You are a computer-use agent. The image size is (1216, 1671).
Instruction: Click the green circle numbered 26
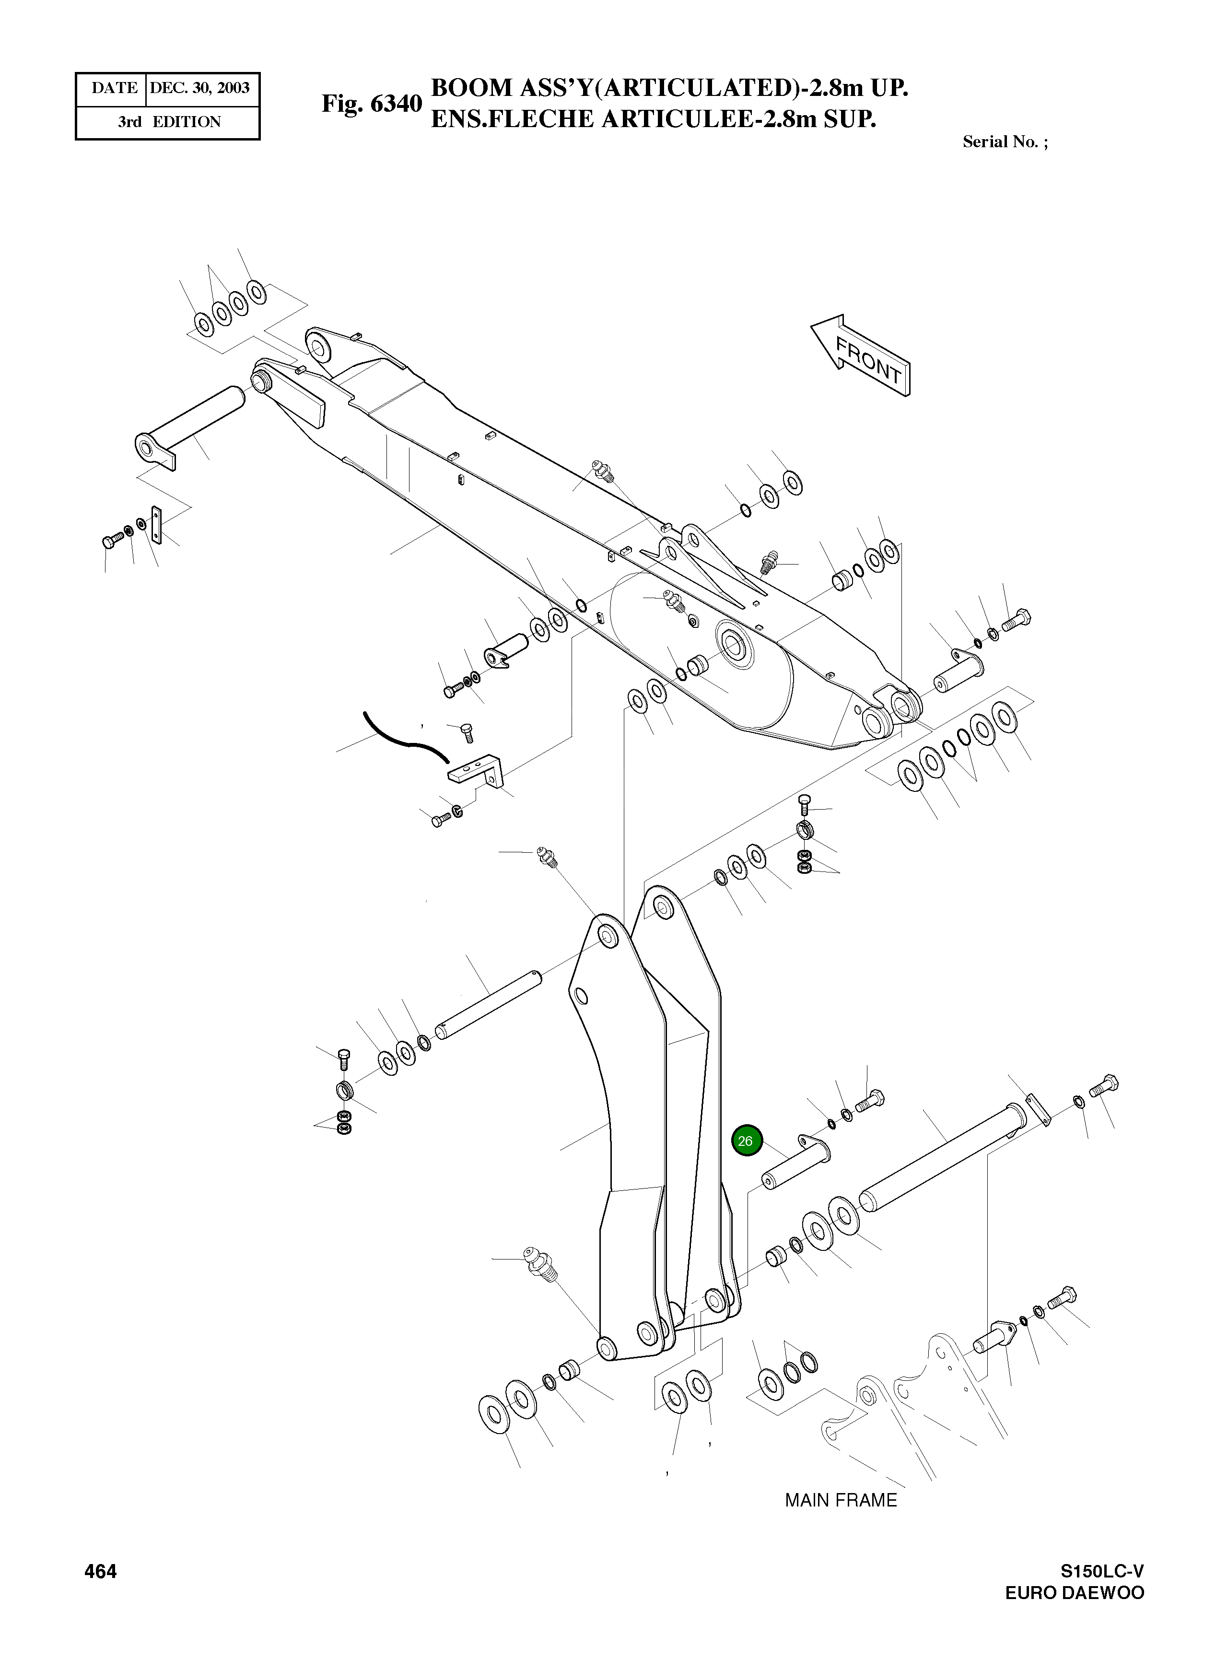tap(745, 1141)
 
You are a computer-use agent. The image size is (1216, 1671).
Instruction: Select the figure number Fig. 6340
tap(371, 104)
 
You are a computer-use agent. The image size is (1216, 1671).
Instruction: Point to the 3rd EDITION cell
tap(169, 122)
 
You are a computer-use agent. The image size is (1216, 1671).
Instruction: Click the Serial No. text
tap(1005, 142)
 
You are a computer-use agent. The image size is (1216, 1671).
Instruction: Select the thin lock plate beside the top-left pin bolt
tap(156, 524)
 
